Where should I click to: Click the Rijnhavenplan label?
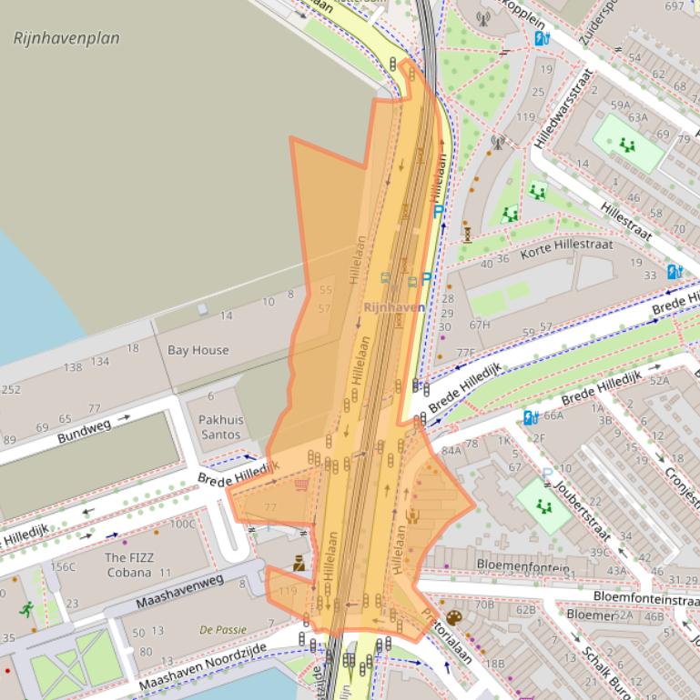[66, 38]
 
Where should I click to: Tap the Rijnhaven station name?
[393, 308]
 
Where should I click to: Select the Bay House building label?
[198, 350]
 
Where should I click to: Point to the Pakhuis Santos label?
[219, 427]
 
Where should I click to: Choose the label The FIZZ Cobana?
[127, 565]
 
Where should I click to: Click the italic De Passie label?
[223, 629]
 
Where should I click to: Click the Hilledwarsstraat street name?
[565, 109]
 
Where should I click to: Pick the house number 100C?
[183, 524]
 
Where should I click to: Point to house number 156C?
[63, 567]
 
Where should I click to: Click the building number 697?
[675, 6]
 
